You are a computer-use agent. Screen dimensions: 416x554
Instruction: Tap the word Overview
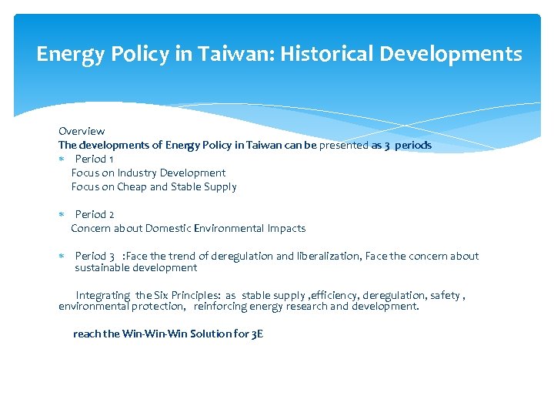[x=82, y=131]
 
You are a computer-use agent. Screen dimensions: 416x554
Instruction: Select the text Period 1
[x=95, y=159]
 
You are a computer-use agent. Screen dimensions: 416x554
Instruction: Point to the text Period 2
[x=95, y=214]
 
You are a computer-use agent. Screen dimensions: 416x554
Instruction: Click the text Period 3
[x=95, y=256]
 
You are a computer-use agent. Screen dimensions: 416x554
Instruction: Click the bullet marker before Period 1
[x=62, y=159]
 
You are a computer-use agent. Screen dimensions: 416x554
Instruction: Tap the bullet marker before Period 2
[x=62, y=215]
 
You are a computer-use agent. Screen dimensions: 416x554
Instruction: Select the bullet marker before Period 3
[x=62, y=257]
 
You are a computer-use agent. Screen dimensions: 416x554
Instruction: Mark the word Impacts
[x=286, y=228]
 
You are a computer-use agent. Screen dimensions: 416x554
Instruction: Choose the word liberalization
[x=329, y=256]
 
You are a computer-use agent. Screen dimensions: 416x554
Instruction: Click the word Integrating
[x=103, y=295]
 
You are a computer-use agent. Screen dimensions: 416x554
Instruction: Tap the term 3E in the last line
[x=258, y=334]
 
